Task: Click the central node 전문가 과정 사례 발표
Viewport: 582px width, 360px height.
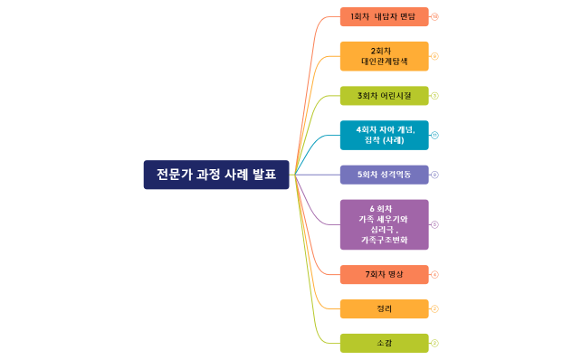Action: point(216,175)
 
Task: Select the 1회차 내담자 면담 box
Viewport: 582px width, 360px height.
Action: point(384,16)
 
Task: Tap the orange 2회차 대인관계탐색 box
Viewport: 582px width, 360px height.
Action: point(384,56)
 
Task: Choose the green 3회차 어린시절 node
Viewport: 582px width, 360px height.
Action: point(384,96)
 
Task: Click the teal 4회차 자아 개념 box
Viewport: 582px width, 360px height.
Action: point(384,135)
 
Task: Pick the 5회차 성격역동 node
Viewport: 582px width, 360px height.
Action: point(384,175)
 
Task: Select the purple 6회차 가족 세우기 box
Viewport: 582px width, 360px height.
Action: point(384,224)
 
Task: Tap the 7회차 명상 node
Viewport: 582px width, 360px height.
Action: point(384,274)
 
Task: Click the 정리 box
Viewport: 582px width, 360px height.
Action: point(384,308)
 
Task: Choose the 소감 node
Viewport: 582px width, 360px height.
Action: point(384,343)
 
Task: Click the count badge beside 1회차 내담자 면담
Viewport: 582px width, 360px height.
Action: point(435,16)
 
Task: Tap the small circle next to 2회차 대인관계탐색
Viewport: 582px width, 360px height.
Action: point(435,56)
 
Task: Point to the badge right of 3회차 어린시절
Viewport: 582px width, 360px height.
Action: point(435,96)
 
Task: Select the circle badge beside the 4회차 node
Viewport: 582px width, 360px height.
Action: point(435,135)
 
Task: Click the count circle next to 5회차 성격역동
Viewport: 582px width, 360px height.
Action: point(435,175)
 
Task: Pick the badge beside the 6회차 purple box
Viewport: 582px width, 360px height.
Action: point(435,224)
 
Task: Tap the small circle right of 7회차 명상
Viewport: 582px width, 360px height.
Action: point(435,274)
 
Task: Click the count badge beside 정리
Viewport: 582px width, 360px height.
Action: point(435,308)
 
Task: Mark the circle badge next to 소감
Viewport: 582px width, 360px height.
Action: point(435,343)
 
